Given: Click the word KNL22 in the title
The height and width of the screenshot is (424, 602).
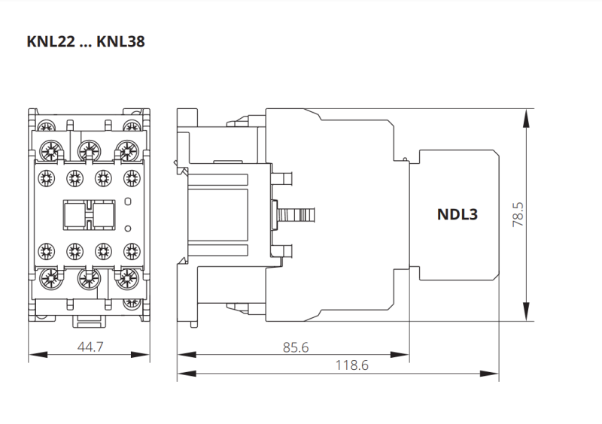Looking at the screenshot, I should point(51,41).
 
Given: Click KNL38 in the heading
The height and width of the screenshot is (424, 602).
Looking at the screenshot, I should point(120,41).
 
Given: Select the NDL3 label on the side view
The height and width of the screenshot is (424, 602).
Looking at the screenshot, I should point(458,214).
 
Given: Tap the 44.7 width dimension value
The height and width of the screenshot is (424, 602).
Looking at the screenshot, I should point(90,347).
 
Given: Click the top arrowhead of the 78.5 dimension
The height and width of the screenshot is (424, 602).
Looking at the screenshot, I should point(526,114).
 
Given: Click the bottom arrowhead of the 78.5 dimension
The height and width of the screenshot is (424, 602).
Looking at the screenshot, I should point(526,316).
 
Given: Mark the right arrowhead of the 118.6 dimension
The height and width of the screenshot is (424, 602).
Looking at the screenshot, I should point(494,373).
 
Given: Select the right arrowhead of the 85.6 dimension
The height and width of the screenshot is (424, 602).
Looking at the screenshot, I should point(405,354).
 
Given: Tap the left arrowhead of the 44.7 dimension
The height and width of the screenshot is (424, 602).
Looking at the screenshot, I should point(32,354).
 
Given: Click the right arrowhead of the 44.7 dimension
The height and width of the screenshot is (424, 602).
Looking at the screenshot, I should point(145,354).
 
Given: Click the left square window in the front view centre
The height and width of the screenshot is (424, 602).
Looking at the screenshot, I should point(75,214).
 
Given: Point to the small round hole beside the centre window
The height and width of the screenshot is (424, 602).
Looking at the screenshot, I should point(126,201).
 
